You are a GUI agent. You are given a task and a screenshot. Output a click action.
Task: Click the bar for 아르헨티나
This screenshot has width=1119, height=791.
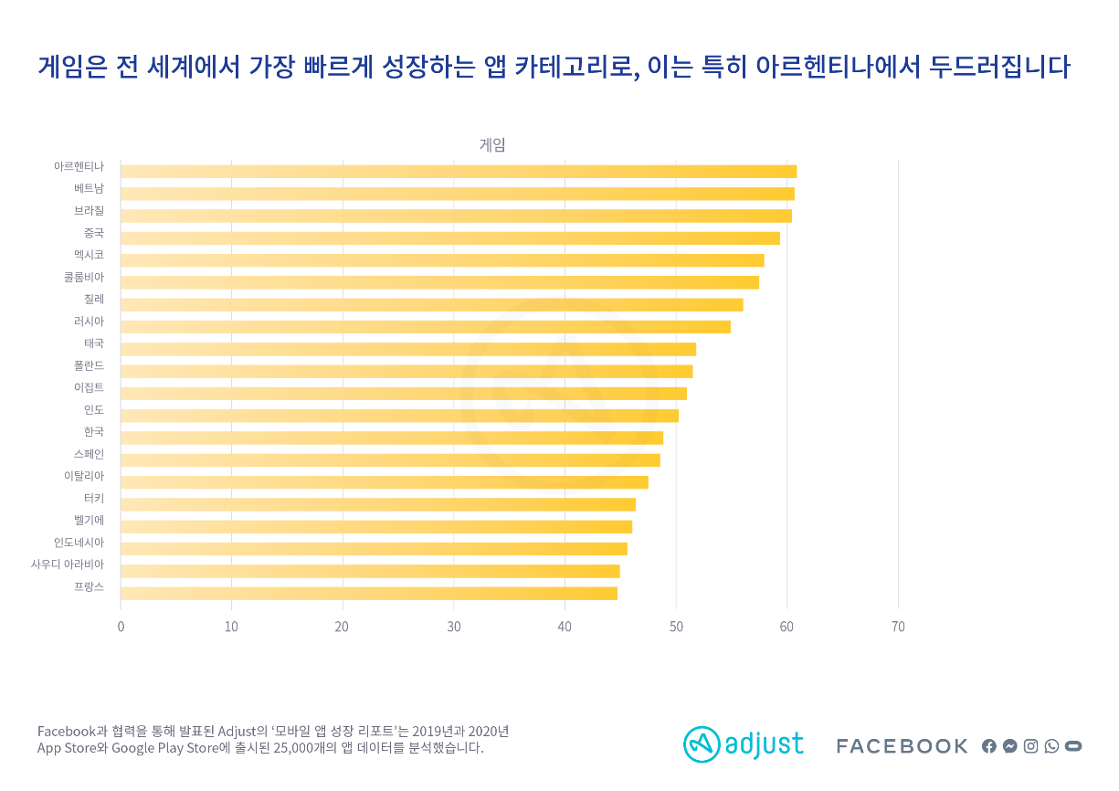click(458, 172)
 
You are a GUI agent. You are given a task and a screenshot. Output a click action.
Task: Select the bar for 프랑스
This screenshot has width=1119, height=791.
click(368, 594)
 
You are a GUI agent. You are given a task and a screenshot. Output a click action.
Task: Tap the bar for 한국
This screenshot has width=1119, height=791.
click(391, 438)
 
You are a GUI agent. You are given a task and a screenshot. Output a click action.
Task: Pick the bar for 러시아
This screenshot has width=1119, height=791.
click(425, 327)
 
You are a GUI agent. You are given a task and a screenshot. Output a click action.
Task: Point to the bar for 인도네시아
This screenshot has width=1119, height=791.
click(374, 549)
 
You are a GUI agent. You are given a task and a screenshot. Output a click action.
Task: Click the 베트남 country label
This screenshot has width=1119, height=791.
click(89, 189)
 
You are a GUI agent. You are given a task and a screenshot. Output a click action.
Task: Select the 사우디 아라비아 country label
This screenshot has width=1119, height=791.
click(68, 564)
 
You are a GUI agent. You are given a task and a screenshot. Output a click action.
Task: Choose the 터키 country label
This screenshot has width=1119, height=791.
click(93, 499)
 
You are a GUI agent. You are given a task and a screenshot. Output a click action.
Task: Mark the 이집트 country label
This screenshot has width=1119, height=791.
click(89, 387)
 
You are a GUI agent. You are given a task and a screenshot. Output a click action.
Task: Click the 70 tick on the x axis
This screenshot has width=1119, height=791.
click(898, 627)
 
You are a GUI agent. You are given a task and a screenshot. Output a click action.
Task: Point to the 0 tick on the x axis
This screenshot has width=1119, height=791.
click(121, 627)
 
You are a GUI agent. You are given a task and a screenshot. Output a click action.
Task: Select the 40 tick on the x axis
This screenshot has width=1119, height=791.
click(565, 627)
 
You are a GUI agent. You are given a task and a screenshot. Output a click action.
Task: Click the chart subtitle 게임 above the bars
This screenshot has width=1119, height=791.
click(492, 144)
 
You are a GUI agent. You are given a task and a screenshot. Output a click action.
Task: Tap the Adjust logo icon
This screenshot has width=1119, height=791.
click(701, 744)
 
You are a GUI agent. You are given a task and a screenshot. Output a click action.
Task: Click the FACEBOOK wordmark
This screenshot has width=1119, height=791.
click(902, 746)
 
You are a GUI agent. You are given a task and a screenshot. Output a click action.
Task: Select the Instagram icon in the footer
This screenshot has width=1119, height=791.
click(1030, 746)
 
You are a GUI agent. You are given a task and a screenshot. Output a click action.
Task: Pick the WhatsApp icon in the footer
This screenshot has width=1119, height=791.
click(1051, 746)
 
